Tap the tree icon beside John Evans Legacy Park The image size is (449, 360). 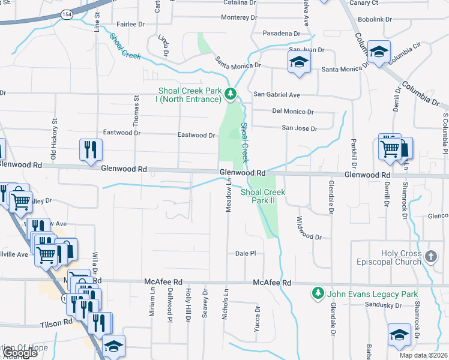(x=318, y=293)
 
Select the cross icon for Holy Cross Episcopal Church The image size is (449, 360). (x=430, y=257)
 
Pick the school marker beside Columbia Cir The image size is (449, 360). (x=379, y=52)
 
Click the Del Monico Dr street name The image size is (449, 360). (x=293, y=112)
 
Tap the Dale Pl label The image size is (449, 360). (x=246, y=254)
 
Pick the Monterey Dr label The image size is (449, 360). (x=239, y=17)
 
